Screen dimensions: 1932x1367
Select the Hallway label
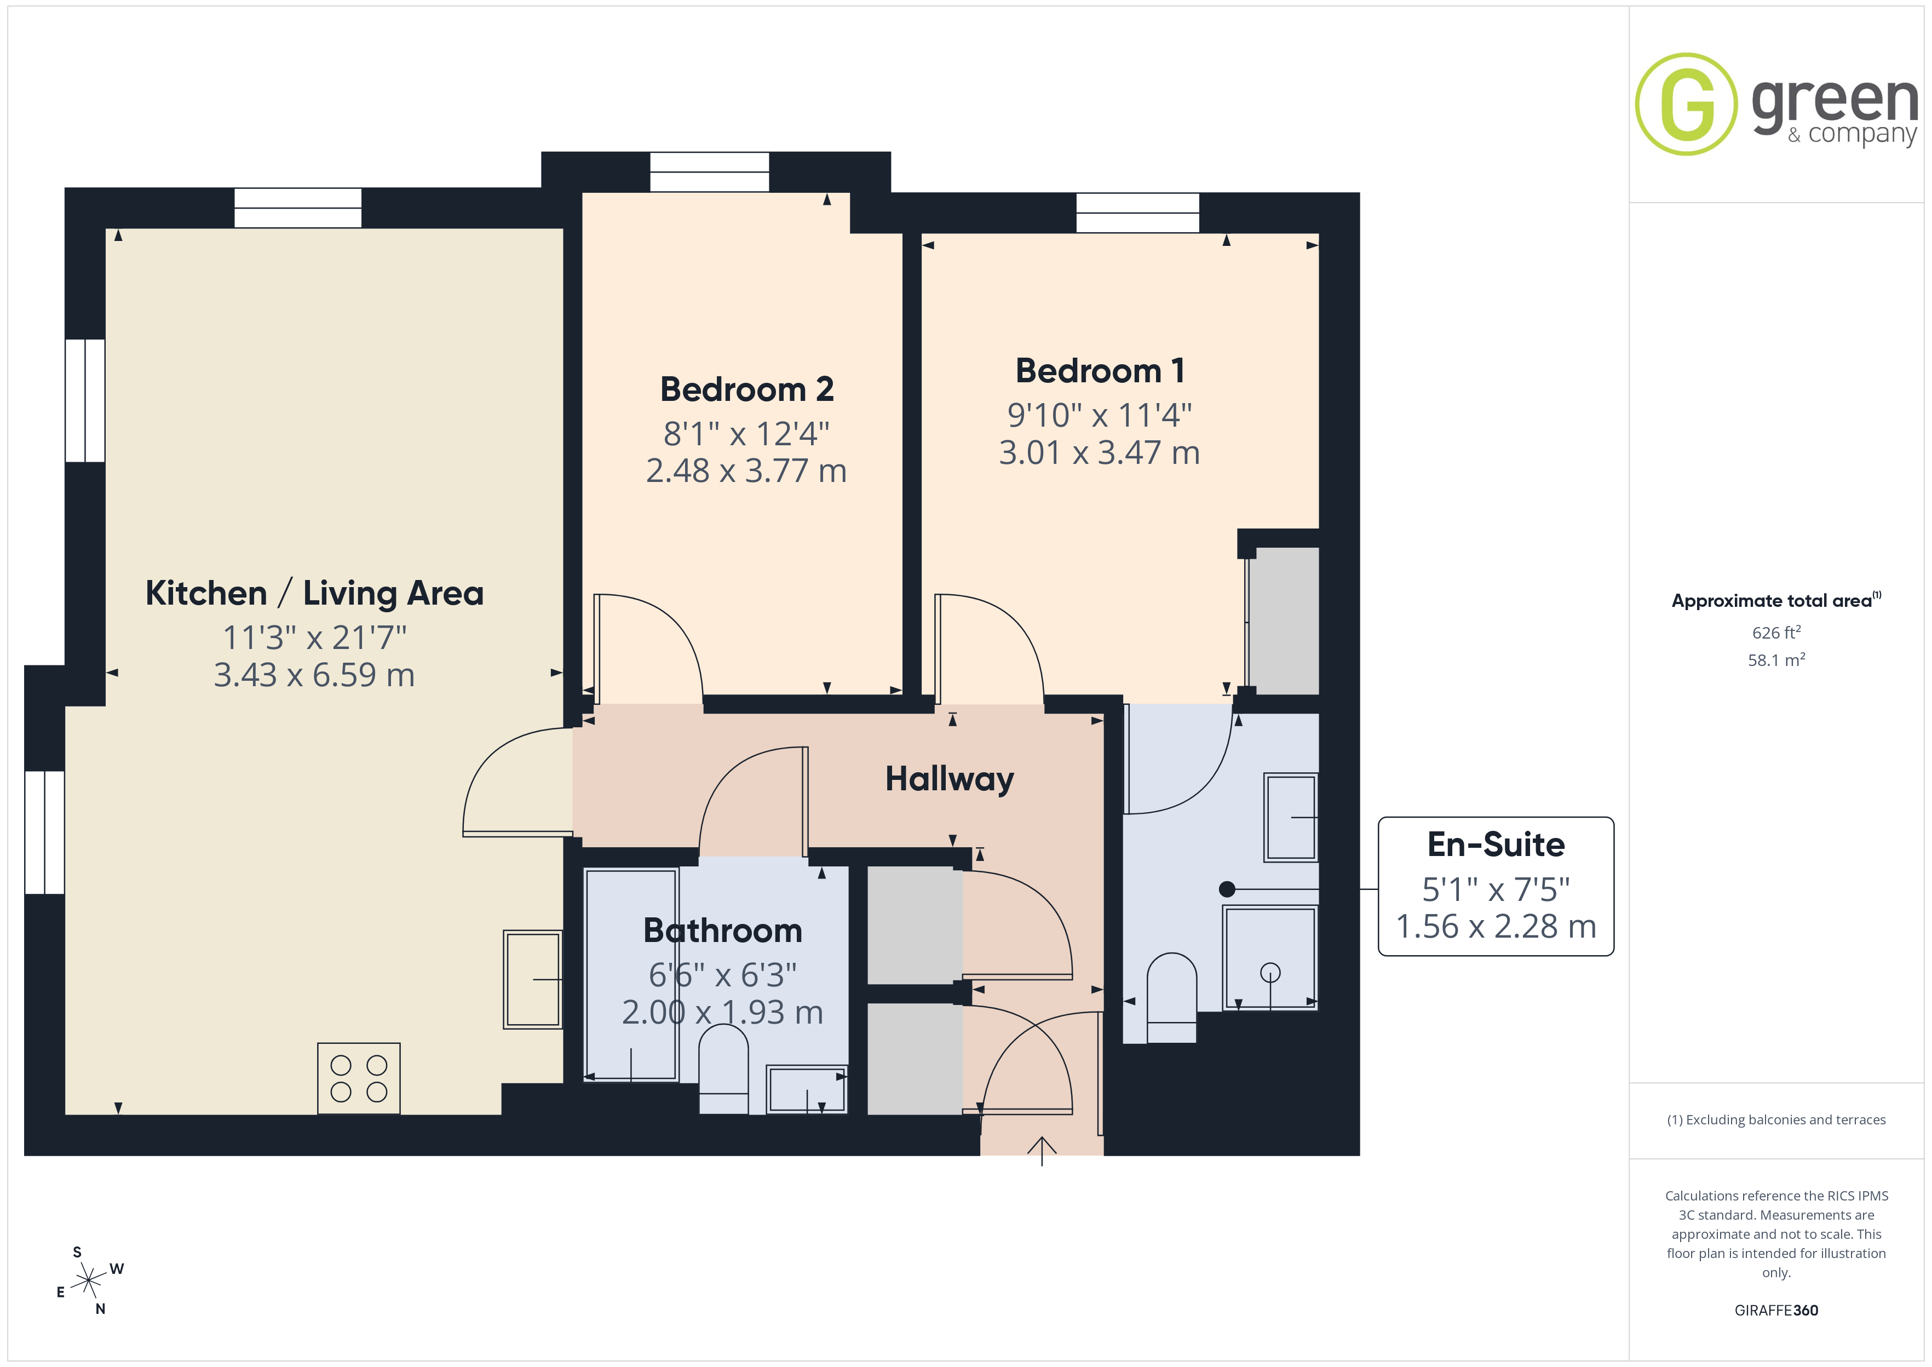[949, 779]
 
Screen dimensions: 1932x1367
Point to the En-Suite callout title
[1496, 845]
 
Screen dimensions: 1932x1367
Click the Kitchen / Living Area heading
[315, 594]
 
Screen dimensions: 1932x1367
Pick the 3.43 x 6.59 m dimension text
[315, 675]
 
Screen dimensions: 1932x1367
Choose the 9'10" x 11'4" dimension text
[1100, 415]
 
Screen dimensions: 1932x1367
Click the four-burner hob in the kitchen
[359, 1078]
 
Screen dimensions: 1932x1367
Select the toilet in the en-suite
[1171, 997]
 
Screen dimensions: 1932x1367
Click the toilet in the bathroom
[723, 1072]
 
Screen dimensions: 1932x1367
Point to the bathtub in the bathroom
[631, 975]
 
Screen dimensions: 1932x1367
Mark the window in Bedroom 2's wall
[709, 172]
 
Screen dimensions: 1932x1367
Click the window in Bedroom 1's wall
[1137, 213]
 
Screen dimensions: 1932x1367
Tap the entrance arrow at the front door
[1042, 1151]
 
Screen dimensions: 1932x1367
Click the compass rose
[88, 1281]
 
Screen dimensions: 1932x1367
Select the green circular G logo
[1686, 105]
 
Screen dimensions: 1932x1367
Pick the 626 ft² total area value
[1776, 632]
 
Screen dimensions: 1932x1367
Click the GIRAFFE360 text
[1776, 1311]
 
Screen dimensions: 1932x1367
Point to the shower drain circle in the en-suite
[1270, 973]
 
